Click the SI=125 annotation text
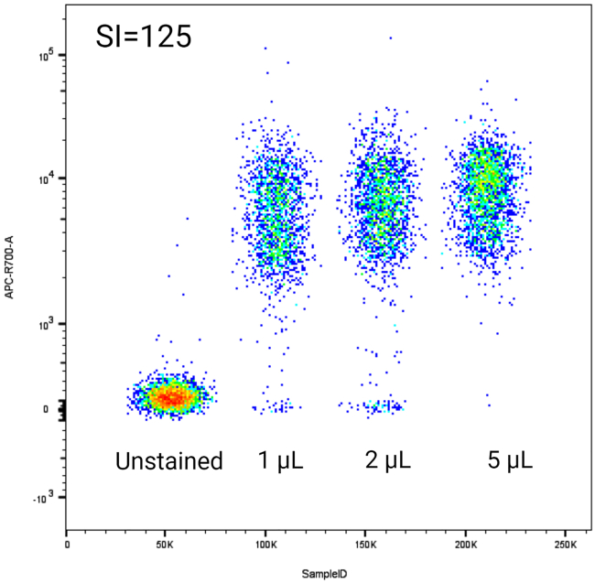click(x=143, y=38)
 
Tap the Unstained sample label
click(x=168, y=461)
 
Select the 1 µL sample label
click(x=279, y=461)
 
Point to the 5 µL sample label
click(x=510, y=461)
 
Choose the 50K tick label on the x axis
click(x=166, y=545)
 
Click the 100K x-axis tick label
click(x=265, y=545)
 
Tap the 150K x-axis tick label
click(x=365, y=545)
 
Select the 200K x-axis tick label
click(x=465, y=545)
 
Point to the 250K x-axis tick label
click(x=565, y=545)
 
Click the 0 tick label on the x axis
click(x=67, y=545)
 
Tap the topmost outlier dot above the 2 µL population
click(x=390, y=38)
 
